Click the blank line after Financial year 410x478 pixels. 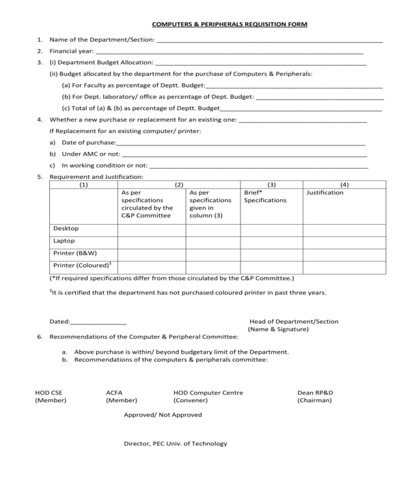click(x=229, y=52)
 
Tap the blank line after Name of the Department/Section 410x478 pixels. click(x=269, y=41)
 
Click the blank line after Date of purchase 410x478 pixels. click(x=241, y=143)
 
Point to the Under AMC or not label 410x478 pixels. click(x=86, y=154)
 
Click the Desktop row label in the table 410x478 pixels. click(x=66, y=229)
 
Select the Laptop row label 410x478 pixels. click(x=64, y=241)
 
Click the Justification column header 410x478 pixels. click(x=325, y=193)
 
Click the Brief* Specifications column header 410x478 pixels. click(x=265, y=197)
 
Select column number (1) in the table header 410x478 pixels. click(x=83, y=184)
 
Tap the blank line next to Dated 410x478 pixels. click(x=98, y=322)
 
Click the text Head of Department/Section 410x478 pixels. click(x=294, y=322)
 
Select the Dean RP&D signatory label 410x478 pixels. click(x=315, y=393)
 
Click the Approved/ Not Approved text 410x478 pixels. click(x=163, y=415)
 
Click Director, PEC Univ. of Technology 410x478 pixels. click(x=175, y=444)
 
